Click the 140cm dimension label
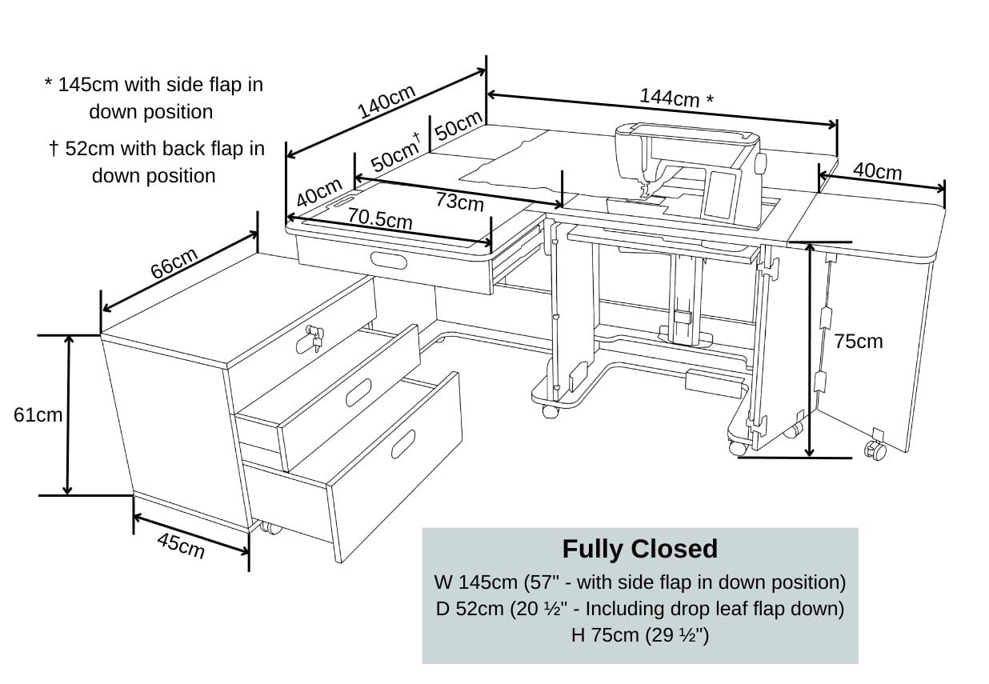(386, 101)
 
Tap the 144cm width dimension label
(675, 98)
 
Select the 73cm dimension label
(459, 201)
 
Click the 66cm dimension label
(174, 263)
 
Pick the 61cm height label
(38, 414)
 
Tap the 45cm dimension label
(181, 546)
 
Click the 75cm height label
(858, 342)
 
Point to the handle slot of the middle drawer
(358, 394)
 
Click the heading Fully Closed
(639, 549)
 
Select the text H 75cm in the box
(639, 635)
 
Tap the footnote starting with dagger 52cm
(155, 162)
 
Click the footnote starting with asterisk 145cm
(153, 98)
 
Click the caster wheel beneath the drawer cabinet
(270, 528)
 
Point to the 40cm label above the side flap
(877, 171)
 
